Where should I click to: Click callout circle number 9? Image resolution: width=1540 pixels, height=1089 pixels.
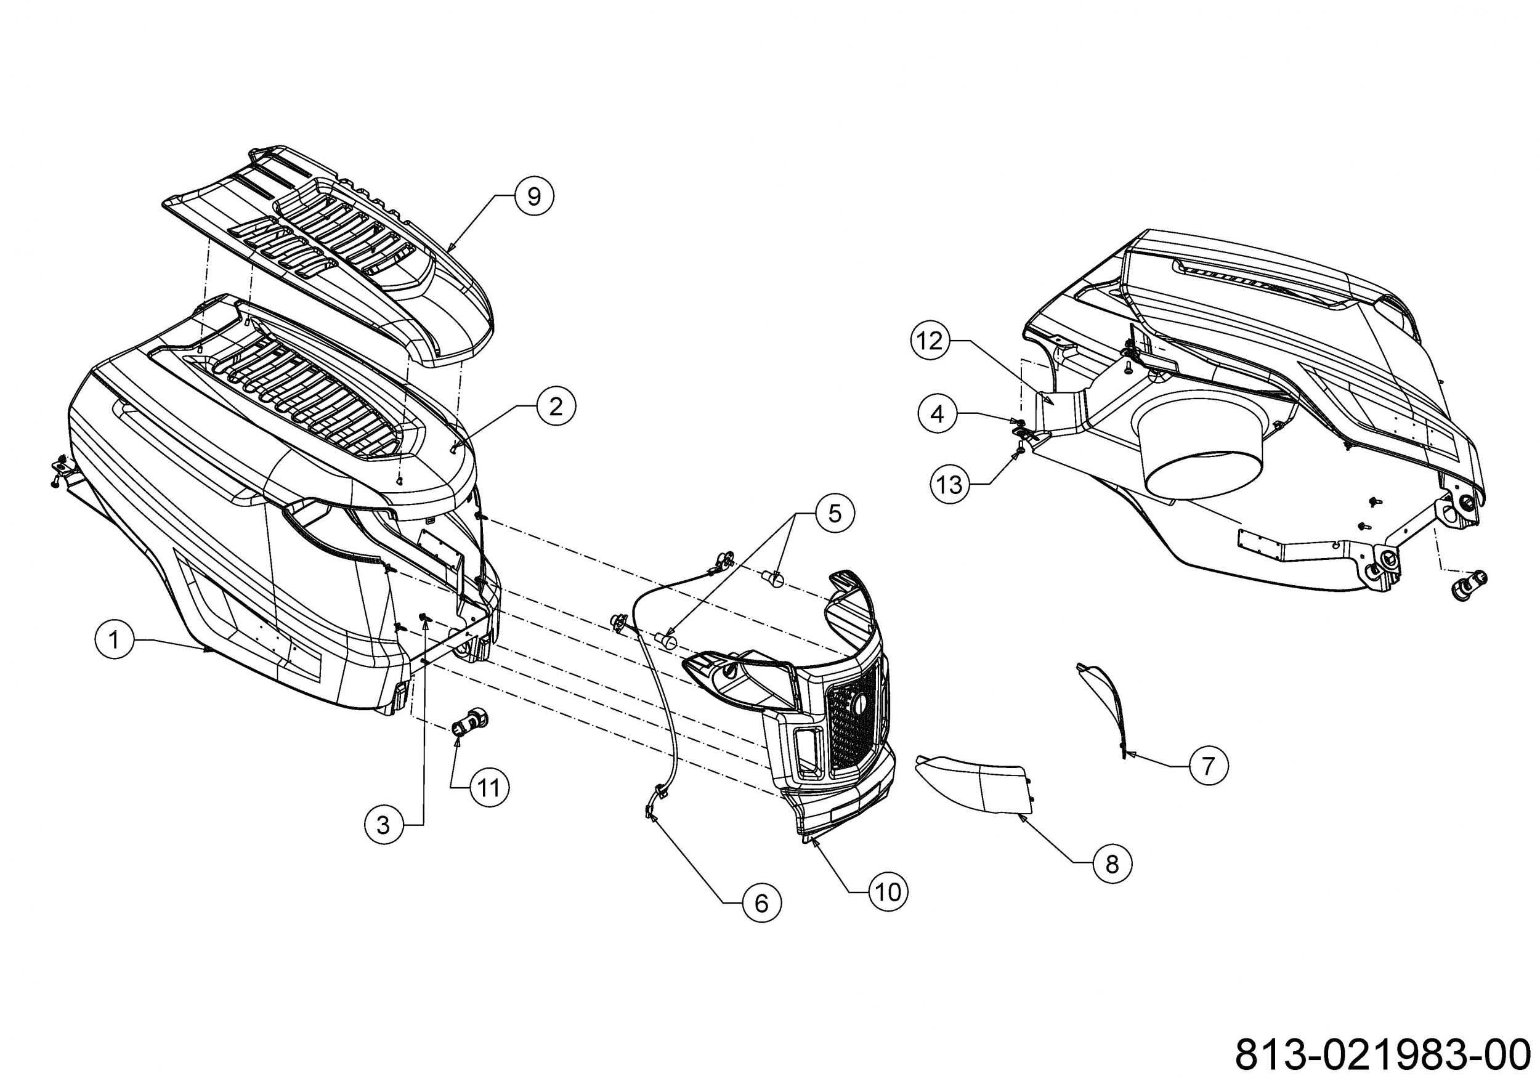pos(534,196)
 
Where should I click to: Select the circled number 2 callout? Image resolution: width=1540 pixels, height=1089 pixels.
pos(556,406)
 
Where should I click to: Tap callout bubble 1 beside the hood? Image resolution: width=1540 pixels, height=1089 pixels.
pos(114,640)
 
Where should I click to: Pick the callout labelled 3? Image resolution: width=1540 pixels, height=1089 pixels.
pos(384,825)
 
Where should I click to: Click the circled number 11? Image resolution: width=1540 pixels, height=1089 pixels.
pos(489,787)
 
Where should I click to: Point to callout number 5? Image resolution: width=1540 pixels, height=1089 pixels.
pos(835,514)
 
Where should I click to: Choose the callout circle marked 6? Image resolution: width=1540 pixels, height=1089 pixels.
pos(761,903)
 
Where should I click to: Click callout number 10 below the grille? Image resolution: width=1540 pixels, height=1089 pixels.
pos(889,892)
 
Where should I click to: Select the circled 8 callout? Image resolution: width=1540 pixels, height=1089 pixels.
pos(1112,864)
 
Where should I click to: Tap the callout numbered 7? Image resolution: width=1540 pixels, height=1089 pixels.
pos(1209,765)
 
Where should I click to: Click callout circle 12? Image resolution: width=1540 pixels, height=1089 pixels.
pos(930,341)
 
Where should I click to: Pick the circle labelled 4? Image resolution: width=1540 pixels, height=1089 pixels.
pos(938,414)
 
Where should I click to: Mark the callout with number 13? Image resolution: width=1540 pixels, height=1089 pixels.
pos(950,484)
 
